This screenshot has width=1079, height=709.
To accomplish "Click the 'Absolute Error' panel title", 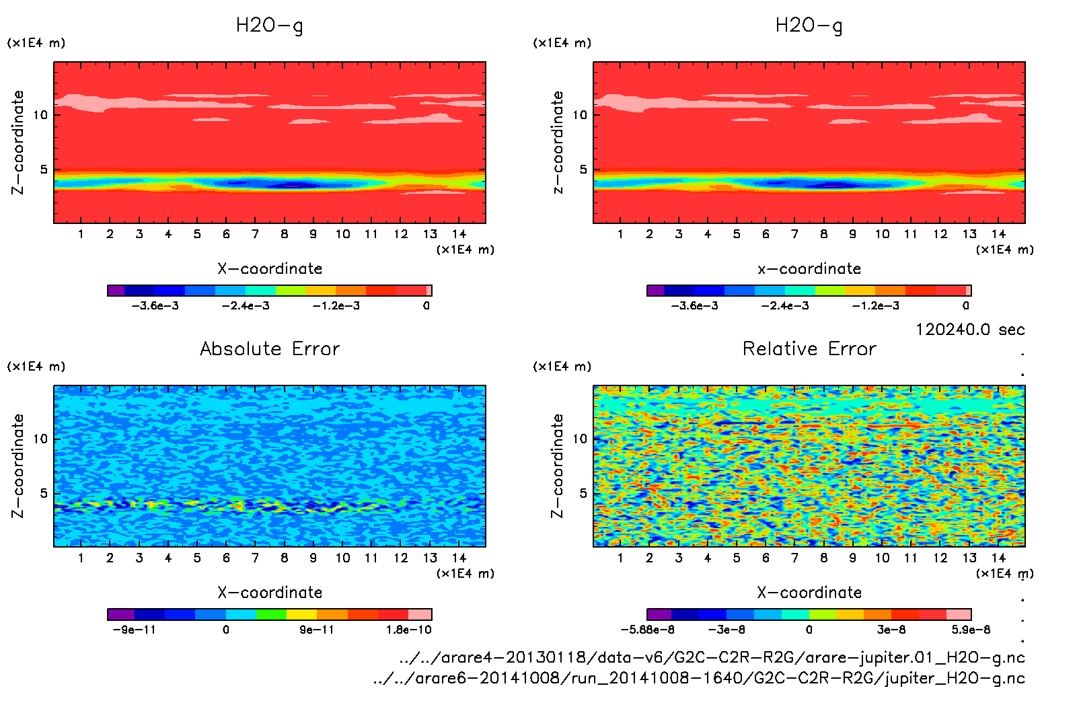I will click(270, 348).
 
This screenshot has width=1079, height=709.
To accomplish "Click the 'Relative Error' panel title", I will click(809, 348).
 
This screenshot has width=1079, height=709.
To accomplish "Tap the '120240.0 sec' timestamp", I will click(970, 330).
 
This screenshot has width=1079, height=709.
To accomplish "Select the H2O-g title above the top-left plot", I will click(269, 26).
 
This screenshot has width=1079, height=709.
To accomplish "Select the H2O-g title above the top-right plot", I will click(809, 26).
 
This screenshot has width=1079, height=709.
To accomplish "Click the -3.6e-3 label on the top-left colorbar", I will click(155, 305).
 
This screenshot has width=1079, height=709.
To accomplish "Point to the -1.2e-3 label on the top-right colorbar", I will click(875, 305).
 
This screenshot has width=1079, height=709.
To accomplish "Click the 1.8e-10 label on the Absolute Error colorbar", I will click(408, 630).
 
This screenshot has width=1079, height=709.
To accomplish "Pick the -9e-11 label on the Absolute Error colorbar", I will click(134, 630).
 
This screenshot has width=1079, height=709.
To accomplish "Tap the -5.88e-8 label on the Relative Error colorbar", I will click(647, 630).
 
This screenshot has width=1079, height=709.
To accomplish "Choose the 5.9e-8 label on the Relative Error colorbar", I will click(971, 630).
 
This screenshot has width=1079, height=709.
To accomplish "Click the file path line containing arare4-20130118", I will click(712, 657).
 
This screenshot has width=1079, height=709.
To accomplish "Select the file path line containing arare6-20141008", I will click(699, 678).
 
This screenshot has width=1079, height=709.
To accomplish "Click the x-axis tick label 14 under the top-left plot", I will click(459, 234).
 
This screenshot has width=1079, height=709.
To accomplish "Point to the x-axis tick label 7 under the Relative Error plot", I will click(794, 558).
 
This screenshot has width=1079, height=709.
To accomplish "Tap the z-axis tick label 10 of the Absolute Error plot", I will click(40, 439).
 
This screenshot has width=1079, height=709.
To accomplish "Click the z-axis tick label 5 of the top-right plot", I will click(583, 170).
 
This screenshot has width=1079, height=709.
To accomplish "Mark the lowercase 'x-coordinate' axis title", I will click(809, 268).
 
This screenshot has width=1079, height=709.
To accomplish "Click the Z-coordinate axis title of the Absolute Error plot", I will click(18, 465).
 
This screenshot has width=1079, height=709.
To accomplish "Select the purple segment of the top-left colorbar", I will click(116, 291).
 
